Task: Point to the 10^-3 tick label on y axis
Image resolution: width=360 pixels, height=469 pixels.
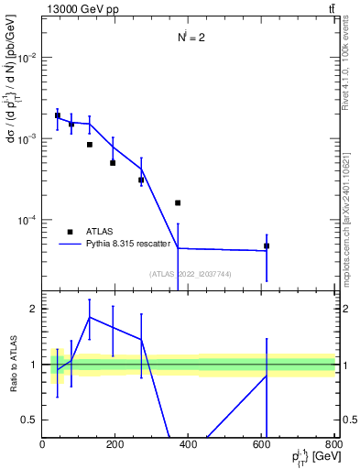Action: pos(28,138)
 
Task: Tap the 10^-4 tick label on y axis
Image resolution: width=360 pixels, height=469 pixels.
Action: pos(28,221)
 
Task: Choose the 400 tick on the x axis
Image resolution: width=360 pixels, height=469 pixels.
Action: pos(189,444)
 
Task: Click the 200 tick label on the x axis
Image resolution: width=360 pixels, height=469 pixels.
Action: pos(115,444)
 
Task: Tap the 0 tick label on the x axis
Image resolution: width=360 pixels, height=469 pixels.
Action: pos(42,444)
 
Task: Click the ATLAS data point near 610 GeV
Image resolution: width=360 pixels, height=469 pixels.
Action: pos(267,245)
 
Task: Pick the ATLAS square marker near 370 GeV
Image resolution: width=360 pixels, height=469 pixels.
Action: pos(178,202)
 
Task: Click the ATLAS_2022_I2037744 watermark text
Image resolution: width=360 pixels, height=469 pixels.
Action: pos(189,274)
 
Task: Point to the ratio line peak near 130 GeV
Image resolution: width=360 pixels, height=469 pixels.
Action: pos(90,317)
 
